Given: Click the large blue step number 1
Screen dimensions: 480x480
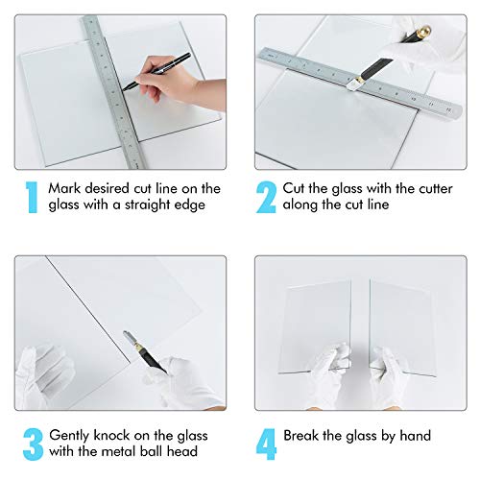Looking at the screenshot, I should click(x=31, y=197).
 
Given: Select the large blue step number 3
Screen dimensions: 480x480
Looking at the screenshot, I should click(x=31, y=444).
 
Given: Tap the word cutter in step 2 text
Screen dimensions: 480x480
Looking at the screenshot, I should click(x=396, y=189).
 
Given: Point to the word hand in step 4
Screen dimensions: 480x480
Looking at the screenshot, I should click(x=414, y=436).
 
